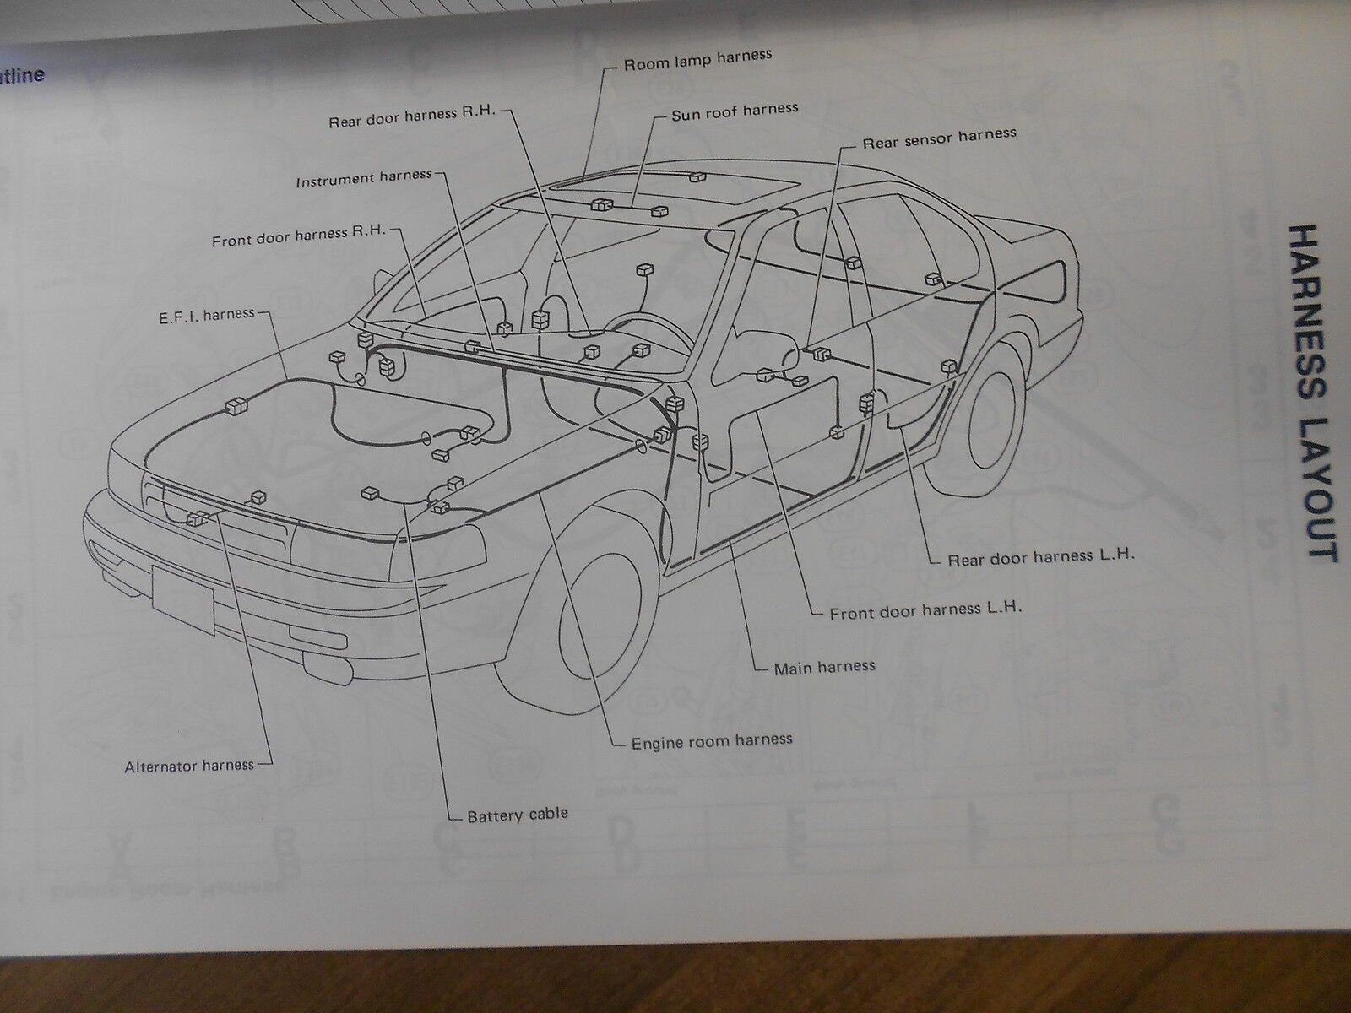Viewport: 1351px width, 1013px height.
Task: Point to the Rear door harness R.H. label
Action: click(414, 120)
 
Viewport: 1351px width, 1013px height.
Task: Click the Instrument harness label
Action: click(364, 179)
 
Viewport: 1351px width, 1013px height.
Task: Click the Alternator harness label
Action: click(188, 765)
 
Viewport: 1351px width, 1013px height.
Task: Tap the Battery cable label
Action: click(518, 815)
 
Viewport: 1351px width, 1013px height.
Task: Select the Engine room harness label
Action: click(712, 741)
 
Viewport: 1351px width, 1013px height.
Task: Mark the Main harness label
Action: click(824, 667)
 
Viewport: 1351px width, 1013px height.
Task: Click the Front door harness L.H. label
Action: click(925, 609)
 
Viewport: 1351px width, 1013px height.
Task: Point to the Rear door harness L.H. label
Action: click(1040, 558)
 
